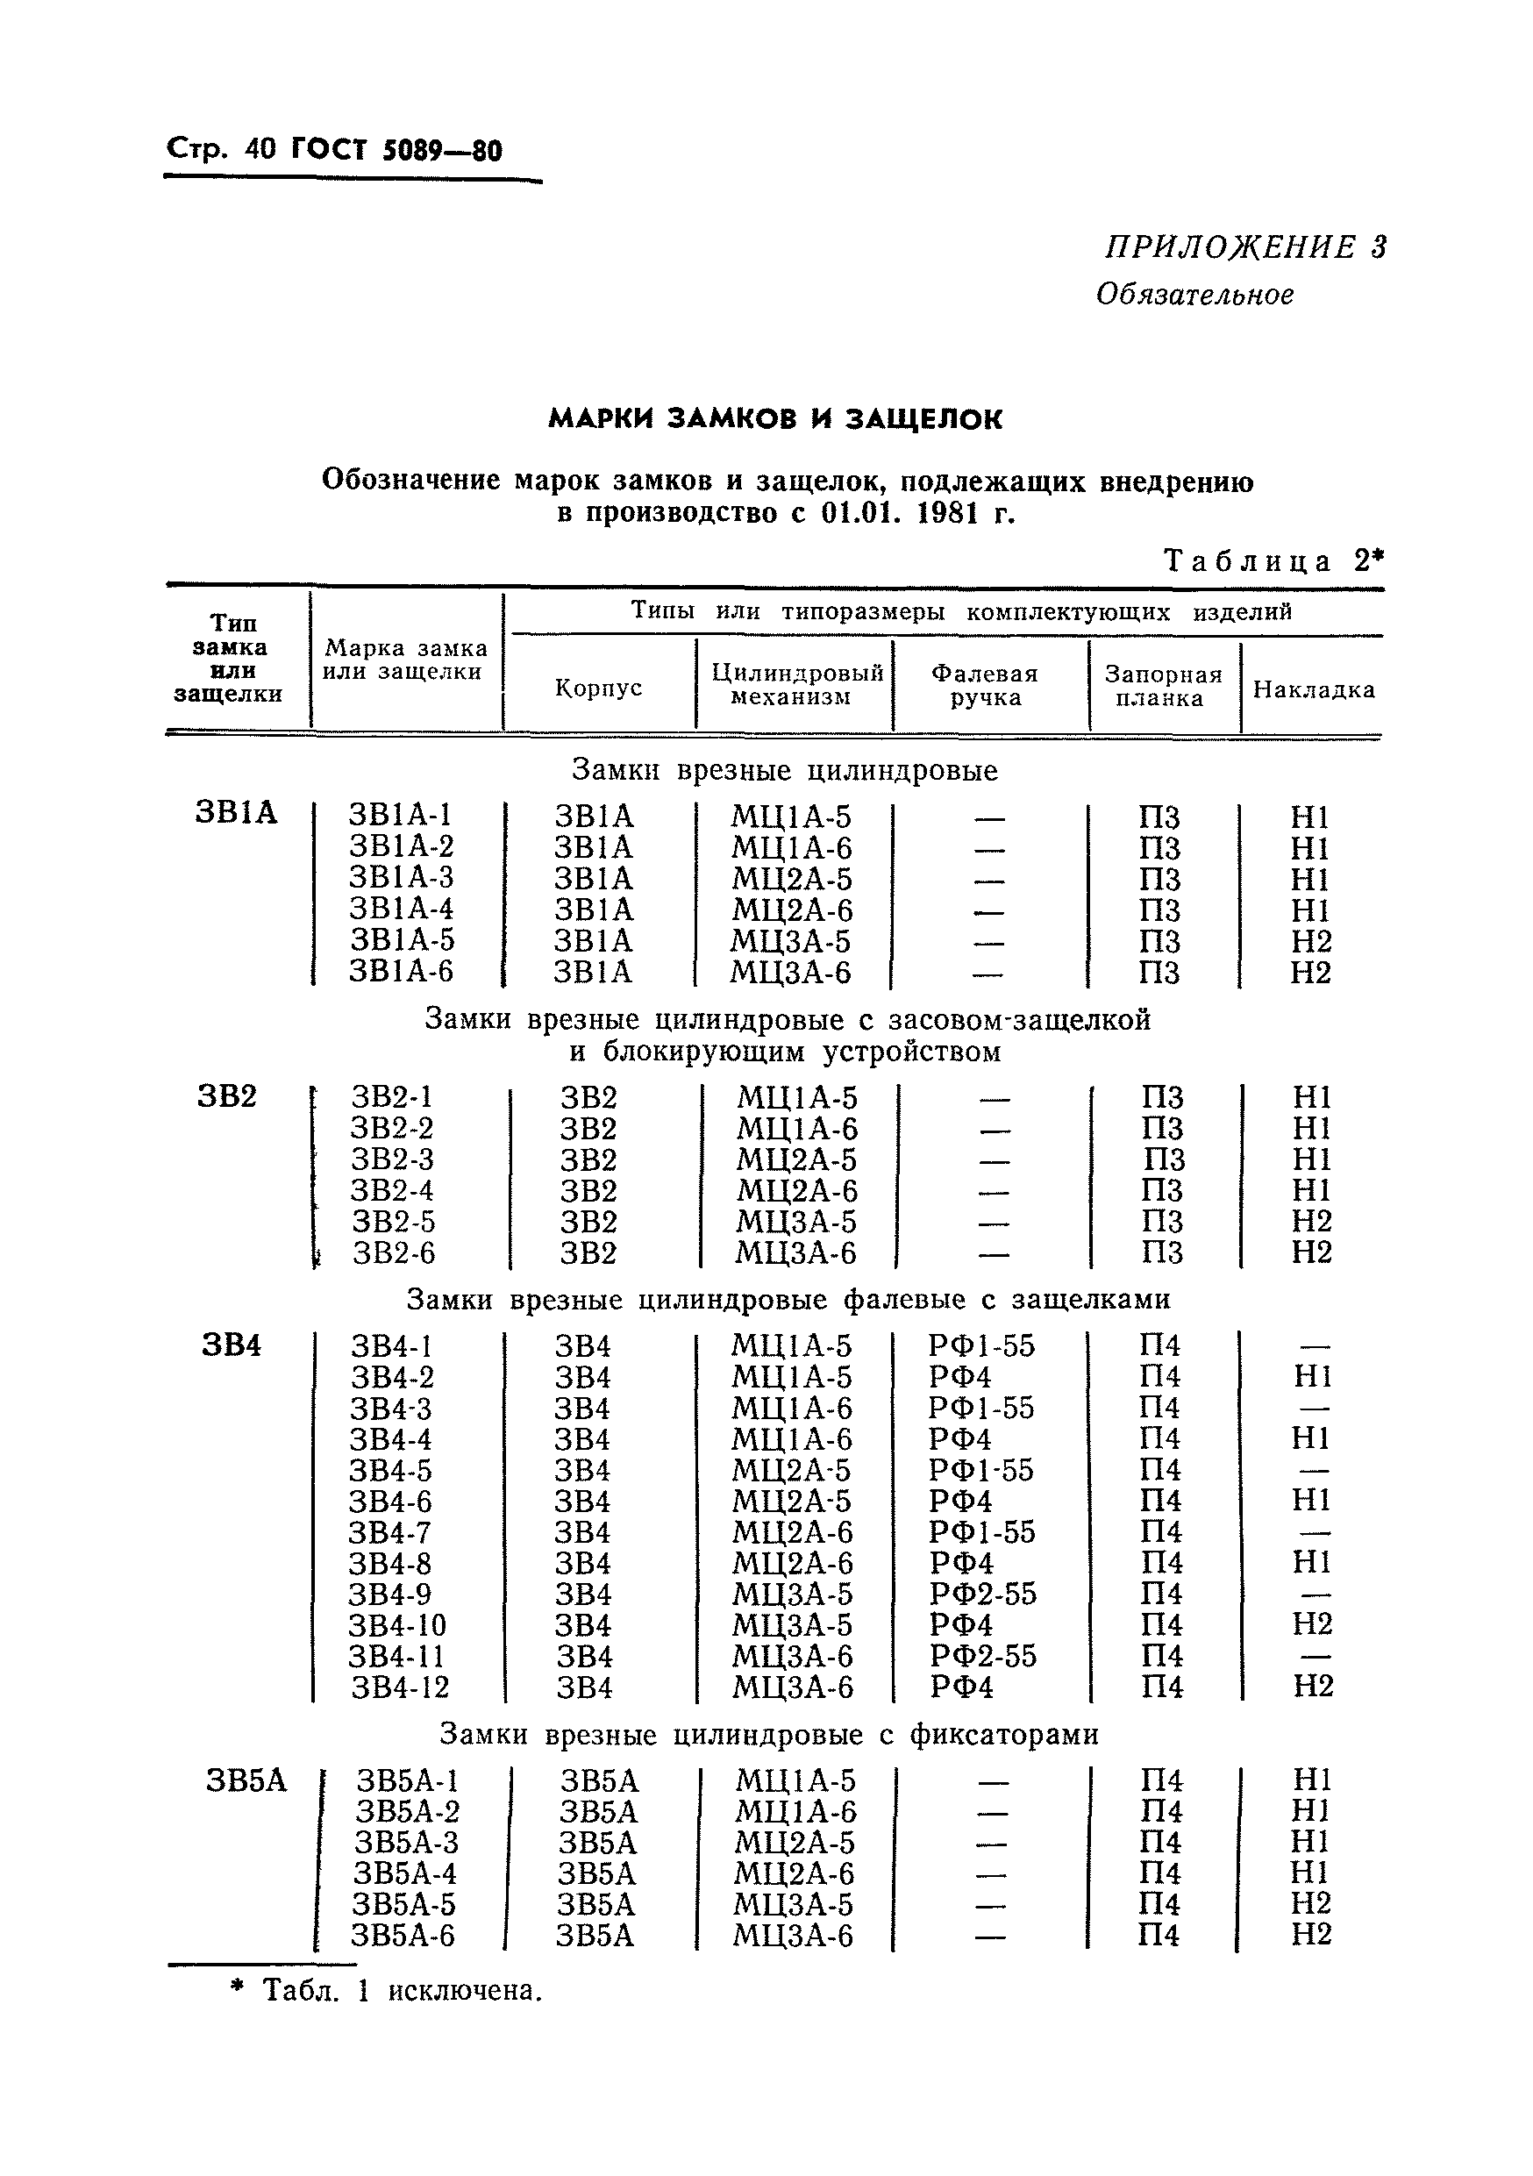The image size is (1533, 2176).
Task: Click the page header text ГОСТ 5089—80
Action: click(x=397, y=150)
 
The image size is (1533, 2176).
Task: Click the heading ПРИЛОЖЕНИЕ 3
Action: click(x=1245, y=247)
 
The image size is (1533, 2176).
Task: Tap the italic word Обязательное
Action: click(x=1194, y=295)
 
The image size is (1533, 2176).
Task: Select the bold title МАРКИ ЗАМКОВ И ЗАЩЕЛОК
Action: click(x=775, y=419)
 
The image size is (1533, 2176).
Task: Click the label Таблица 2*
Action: click(x=1273, y=561)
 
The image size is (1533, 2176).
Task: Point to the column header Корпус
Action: click(x=598, y=687)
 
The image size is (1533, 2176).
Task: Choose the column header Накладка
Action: click(x=1313, y=689)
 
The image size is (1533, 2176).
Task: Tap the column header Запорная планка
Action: click(x=1163, y=685)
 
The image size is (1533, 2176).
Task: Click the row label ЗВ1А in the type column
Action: click(x=236, y=814)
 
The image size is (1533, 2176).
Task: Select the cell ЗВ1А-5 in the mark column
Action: click(x=402, y=940)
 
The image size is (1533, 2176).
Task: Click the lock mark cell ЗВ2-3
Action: click(x=391, y=1159)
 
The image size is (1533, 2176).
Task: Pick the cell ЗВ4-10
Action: click(x=396, y=1625)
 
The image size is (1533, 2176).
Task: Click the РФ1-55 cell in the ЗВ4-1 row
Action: click(x=980, y=1345)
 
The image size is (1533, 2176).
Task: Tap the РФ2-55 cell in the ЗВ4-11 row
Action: click(x=982, y=1656)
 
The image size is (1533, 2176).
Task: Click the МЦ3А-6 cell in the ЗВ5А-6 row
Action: click(x=792, y=1936)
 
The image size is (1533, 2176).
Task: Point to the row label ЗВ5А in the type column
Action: click(x=246, y=1780)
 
